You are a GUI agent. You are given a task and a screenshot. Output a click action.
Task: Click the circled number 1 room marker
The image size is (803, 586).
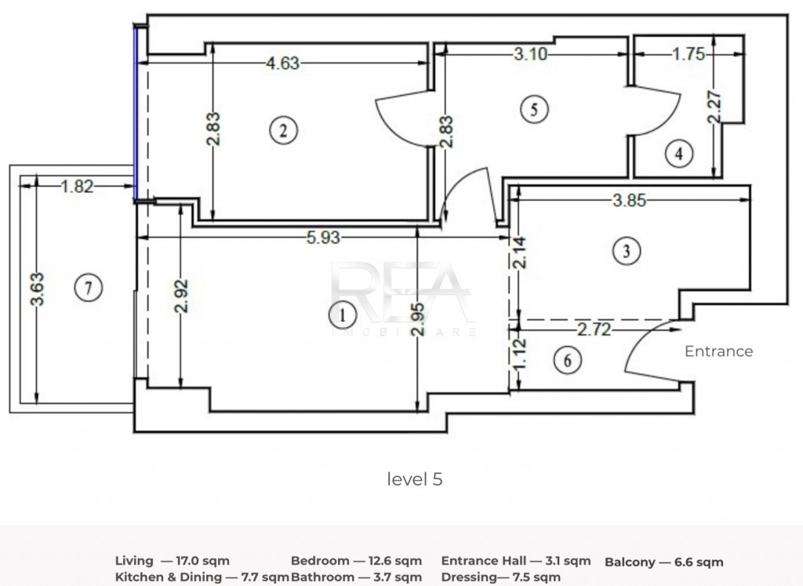(x=342, y=315)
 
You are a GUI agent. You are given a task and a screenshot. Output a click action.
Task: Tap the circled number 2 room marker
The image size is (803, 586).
(x=283, y=130)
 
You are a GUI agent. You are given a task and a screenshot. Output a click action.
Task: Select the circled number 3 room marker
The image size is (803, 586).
(x=627, y=251)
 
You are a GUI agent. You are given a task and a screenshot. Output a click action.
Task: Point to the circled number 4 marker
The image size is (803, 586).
(x=679, y=154)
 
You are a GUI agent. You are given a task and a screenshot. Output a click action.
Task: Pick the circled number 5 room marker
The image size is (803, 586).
(x=534, y=110)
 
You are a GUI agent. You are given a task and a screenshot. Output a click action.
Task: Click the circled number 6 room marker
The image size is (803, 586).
(x=568, y=360)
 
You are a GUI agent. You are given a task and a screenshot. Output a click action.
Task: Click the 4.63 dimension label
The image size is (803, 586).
(x=282, y=64)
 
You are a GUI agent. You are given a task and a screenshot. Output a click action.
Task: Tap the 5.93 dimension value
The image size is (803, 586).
(x=322, y=238)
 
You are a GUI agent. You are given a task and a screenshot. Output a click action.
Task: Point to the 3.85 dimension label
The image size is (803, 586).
(x=629, y=200)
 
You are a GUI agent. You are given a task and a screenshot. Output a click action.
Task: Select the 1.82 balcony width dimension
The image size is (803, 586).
(x=78, y=187)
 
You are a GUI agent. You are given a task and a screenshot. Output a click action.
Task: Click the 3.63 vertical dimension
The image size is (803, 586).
(x=38, y=289)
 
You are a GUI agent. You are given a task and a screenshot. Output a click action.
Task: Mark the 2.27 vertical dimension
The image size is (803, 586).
(x=714, y=107)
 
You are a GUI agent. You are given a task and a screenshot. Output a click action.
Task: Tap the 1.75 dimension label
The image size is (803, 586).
(x=689, y=54)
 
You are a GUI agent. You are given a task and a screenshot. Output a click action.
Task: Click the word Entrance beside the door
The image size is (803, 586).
(x=718, y=351)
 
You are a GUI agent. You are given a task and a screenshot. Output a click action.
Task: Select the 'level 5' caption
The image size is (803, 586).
(x=415, y=479)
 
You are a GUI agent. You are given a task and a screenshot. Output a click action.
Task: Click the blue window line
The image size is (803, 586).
(x=136, y=114)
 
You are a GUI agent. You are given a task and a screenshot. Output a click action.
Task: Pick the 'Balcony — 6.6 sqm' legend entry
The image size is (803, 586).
(x=663, y=562)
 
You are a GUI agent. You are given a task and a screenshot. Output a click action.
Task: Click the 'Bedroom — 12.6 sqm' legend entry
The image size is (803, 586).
(x=357, y=561)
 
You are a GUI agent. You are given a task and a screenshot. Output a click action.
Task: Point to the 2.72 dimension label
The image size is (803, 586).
(x=594, y=329)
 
